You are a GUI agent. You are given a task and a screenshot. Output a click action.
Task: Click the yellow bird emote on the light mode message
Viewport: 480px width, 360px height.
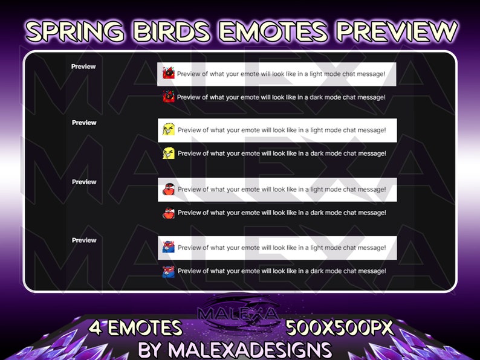coord(169,129)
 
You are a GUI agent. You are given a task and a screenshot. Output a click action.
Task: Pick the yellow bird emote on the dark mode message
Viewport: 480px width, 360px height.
coord(169,153)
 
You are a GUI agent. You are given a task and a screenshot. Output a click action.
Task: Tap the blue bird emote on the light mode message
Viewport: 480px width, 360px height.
coord(169,247)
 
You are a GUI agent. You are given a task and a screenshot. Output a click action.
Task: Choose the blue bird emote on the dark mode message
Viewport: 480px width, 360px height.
coord(169,271)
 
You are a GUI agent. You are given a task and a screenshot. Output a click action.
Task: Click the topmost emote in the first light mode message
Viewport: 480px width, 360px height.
coord(169,73)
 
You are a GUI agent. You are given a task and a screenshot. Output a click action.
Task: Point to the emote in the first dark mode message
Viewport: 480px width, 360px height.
coord(169,96)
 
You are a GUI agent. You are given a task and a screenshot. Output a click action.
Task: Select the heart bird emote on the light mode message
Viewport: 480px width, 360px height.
coord(169,189)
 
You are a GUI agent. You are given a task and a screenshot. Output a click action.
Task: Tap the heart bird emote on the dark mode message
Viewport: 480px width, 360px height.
coord(169,212)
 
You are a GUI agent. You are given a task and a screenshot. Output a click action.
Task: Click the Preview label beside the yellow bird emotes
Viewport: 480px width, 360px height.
coord(84,123)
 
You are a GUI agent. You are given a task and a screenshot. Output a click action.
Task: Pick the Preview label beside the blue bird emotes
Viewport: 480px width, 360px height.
coord(84,240)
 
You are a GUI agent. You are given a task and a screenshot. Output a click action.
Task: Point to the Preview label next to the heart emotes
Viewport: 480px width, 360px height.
coord(84,182)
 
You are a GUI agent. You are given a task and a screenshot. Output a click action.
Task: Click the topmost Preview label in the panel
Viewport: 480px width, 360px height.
coord(83,66)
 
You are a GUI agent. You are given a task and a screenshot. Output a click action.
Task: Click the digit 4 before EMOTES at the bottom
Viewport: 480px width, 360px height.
coord(96,328)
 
